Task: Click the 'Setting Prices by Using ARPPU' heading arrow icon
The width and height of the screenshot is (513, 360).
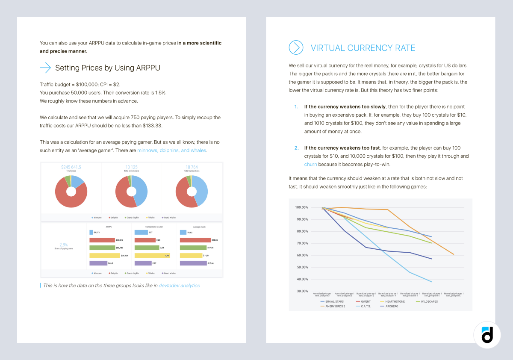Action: click(x=45, y=68)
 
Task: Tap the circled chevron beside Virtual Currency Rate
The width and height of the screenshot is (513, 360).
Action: click(x=296, y=47)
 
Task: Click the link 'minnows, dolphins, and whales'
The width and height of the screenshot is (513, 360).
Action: click(x=171, y=150)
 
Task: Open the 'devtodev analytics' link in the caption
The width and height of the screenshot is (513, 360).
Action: click(x=179, y=285)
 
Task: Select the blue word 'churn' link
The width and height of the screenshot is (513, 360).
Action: click(x=310, y=164)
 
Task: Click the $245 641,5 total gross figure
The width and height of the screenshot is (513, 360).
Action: click(x=71, y=167)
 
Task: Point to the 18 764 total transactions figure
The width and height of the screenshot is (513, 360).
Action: click(x=192, y=167)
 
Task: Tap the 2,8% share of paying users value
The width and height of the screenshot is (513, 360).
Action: click(x=64, y=245)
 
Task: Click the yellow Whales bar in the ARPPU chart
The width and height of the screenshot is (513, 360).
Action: click(x=105, y=255)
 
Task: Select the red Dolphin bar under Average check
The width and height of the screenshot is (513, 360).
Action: click(x=195, y=240)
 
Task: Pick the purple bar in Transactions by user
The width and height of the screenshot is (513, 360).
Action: click(x=143, y=263)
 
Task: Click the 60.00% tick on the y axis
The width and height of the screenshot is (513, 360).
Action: click(x=301, y=255)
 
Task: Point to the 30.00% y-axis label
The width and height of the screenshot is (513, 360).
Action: click(x=301, y=291)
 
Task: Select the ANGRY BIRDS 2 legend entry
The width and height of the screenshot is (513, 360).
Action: click(x=335, y=306)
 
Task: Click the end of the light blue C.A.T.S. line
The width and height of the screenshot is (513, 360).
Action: click(x=432, y=282)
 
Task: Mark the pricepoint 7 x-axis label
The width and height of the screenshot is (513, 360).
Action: click(x=454, y=295)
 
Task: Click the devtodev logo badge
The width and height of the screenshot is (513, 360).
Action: click(x=487, y=335)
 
